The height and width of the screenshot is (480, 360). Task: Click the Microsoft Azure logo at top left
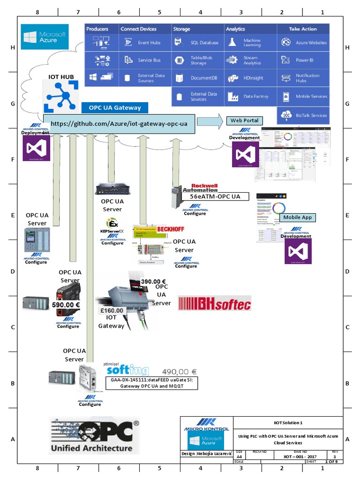(45, 37)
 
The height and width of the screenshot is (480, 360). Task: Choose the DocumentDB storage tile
(197, 78)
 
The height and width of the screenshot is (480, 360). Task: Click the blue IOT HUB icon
(59, 97)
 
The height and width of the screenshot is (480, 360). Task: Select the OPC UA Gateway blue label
(114, 108)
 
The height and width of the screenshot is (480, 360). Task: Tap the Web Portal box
(244, 120)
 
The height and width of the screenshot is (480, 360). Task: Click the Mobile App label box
(297, 217)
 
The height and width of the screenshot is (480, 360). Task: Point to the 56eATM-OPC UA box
(214, 196)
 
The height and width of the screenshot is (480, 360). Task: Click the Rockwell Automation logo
(204, 187)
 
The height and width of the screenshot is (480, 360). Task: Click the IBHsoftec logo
(214, 303)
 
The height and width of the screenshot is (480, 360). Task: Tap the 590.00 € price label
(66, 305)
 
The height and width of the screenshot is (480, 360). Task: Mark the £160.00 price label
(112, 310)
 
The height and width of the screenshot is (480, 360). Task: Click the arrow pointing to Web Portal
(210, 122)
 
